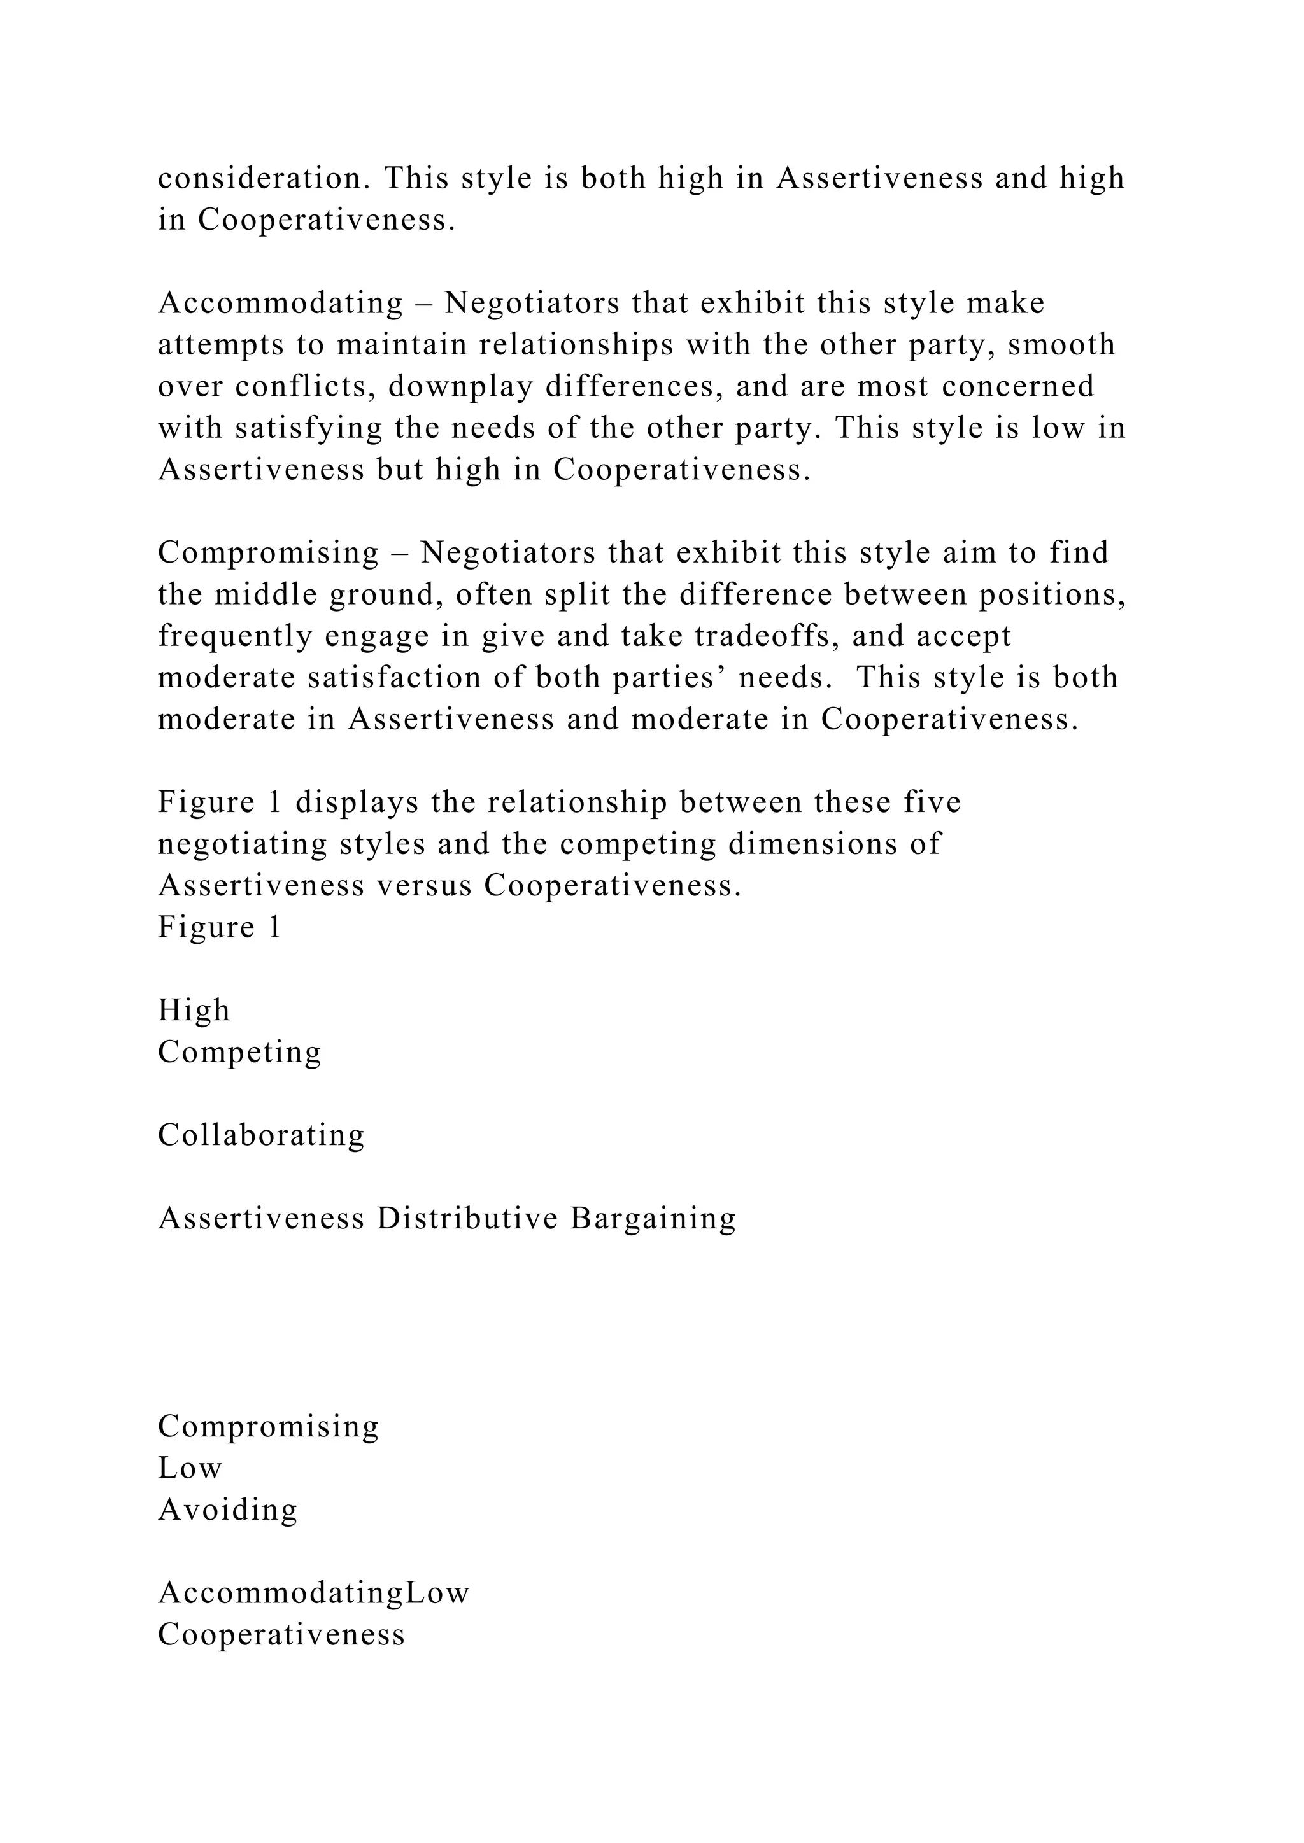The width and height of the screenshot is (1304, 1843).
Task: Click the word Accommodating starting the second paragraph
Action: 280,304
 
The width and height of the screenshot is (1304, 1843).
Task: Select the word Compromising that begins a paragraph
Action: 268,553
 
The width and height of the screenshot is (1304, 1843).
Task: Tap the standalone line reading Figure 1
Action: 219,927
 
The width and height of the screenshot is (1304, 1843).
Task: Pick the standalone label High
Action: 194,1010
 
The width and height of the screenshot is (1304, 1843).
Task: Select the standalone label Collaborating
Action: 261,1135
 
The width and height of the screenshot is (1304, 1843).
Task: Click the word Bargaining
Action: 653,1219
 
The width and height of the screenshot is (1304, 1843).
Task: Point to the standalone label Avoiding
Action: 228,1510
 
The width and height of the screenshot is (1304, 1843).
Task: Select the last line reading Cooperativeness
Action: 281,1634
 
